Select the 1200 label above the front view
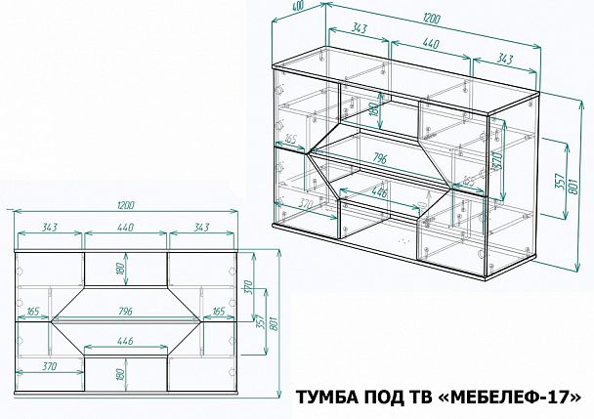tap(125, 205)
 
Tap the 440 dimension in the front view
tap(125, 229)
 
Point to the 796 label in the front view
tap(125, 312)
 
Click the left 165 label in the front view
tap(33, 312)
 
